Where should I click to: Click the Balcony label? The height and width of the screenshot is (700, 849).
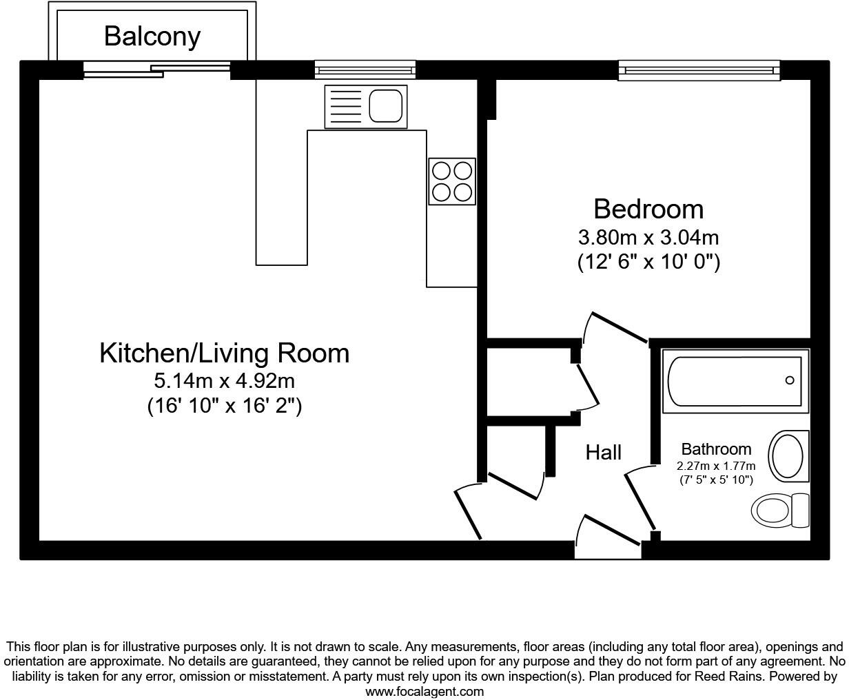[x=152, y=37]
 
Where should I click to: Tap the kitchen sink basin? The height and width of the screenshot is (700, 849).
[x=385, y=105]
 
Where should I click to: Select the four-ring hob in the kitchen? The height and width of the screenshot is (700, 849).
[x=452, y=181]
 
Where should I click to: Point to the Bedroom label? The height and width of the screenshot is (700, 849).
[x=648, y=209]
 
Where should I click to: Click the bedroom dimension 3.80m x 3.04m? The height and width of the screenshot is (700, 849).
[x=648, y=238]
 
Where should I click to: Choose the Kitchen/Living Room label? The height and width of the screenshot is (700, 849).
[x=225, y=353]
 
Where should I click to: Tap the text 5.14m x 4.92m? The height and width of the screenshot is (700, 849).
[x=225, y=381]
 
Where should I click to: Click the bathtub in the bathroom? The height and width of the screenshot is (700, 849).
[x=735, y=381]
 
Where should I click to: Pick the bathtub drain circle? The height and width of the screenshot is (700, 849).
[x=790, y=380]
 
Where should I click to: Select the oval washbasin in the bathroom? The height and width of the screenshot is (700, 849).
[x=788, y=456]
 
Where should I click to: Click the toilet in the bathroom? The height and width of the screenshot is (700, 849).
[x=780, y=511]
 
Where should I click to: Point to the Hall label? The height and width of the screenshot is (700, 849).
[x=604, y=453]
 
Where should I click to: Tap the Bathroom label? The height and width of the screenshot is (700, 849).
[x=717, y=449]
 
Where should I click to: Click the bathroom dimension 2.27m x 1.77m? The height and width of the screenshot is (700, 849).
[x=716, y=466]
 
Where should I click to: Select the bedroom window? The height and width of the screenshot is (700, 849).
[x=699, y=70]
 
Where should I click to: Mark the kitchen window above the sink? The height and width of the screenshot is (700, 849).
[x=365, y=70]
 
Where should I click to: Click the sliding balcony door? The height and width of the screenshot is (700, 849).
[x=157, y=70]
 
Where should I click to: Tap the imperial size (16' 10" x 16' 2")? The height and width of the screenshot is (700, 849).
[x=225, y=406]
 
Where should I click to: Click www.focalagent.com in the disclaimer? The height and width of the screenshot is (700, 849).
[x=424, y=692]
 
